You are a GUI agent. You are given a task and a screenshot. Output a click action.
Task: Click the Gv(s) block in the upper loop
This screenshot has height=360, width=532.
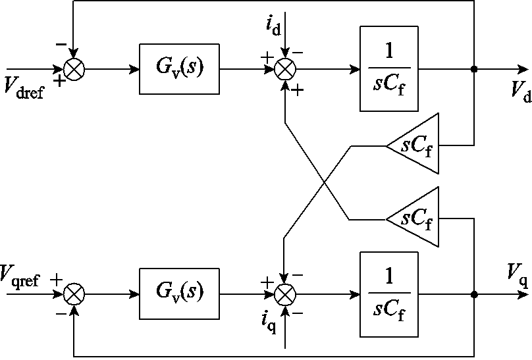tap(179, 69)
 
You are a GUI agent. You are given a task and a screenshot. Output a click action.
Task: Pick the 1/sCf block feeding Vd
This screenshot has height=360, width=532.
tap(389, 69)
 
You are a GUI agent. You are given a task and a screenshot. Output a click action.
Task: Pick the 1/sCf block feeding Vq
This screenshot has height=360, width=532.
tap(389, 294)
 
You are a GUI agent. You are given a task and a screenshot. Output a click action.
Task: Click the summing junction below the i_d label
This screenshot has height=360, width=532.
tap(284, 69)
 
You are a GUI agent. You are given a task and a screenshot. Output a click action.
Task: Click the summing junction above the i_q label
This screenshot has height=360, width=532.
tap(284, 294)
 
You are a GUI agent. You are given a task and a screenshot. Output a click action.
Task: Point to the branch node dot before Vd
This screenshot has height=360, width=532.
tap(474, 69)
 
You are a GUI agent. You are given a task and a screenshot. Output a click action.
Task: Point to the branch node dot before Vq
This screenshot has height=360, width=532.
tap(474, 294)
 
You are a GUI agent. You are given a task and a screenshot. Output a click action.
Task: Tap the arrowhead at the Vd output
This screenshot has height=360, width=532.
tap(523, 69)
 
